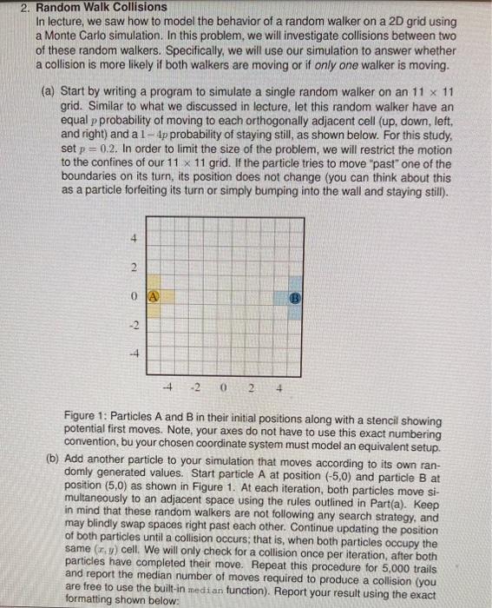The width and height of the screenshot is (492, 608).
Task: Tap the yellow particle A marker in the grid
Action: click(x=153, y=294)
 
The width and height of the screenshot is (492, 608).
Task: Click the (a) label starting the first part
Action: click(x=49, y=90)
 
